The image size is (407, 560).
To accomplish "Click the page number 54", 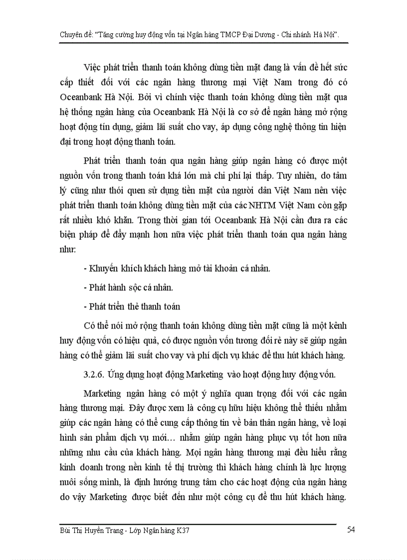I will [350, 530].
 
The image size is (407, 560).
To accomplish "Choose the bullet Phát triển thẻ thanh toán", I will [132, 307].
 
